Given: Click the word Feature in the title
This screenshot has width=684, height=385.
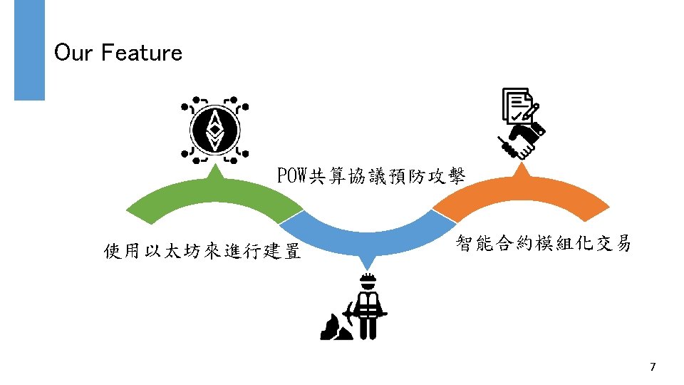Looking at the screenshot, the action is (142, 53).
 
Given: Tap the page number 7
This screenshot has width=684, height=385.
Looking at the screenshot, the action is (653, 367).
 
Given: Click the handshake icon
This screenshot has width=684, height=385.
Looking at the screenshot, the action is (521, 140).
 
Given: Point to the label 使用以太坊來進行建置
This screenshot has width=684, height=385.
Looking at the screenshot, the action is (202, 252).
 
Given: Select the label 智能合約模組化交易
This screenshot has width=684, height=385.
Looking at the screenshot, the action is (543, 244).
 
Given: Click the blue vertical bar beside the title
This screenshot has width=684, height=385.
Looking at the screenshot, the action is (29, 49).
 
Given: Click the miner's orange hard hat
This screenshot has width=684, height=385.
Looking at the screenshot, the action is (368, 279).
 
